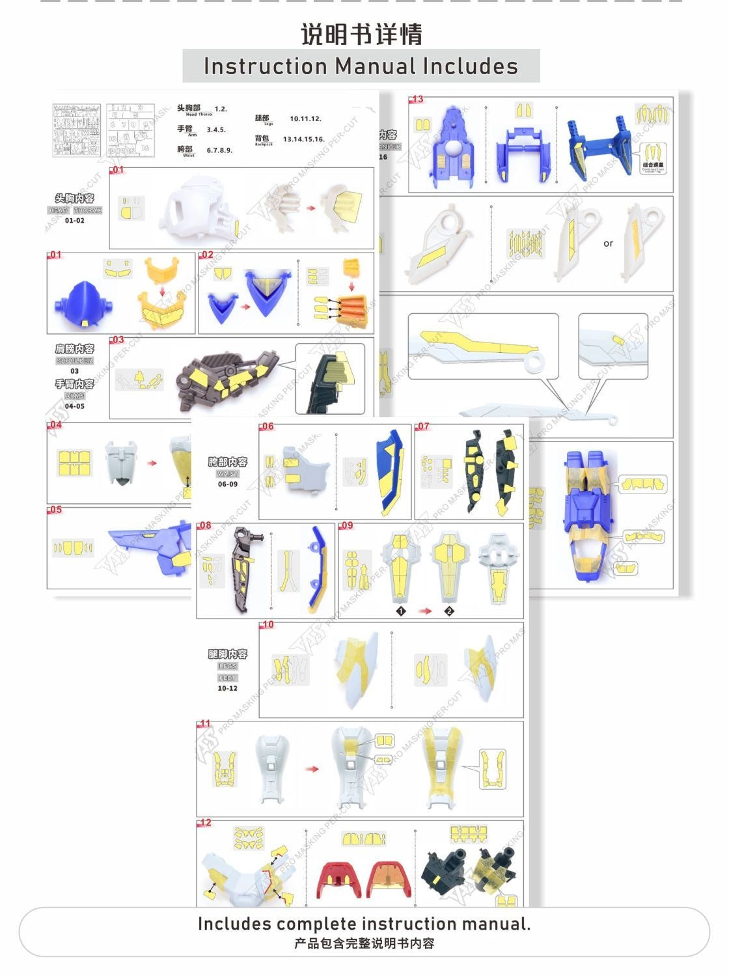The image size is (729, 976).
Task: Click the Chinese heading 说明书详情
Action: (x=361, y=35)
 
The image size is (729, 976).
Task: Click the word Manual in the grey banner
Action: (x=375, y=66)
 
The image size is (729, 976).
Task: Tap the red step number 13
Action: (x=417, y=100)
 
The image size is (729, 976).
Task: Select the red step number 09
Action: (x=346, y=525)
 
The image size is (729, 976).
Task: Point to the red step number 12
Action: (x=205, y=823)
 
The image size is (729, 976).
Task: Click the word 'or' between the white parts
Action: (x=608, y=244)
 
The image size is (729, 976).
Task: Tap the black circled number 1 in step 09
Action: (x=401, y=611)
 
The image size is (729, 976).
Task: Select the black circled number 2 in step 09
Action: (x=449, y=611)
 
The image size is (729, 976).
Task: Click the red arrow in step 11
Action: (x=312, y=769)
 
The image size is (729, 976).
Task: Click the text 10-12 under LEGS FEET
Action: (x=228, y=688)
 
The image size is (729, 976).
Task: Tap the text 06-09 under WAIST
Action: (x=228, y=484)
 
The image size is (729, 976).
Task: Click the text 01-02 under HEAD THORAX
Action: (x=75, y=221)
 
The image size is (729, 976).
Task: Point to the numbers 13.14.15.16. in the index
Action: (x=303, y=139)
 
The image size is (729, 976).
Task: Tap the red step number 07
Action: (x=423, y=426)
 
